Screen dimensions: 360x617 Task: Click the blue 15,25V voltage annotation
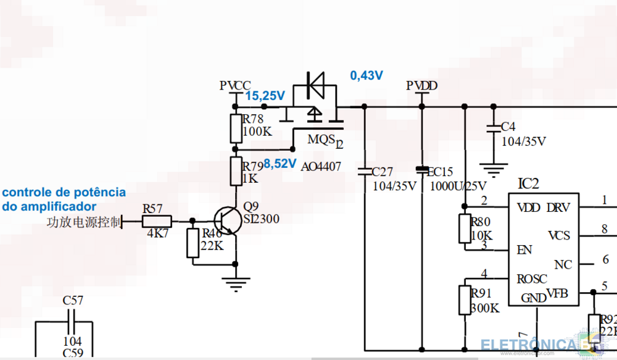tap(265, 96)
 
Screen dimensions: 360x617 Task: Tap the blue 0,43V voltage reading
tap(366, 75)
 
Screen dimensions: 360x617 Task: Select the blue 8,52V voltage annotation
tap(281, 164)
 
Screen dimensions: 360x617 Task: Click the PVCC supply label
tap(235, 85)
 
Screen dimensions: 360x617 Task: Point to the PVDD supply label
tap(422, 85)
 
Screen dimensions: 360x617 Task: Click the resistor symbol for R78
tap(236, 128)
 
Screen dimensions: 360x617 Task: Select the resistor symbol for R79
tap(236, 171)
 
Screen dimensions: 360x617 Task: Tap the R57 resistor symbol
tap(157, 221)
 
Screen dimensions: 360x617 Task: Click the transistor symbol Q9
tap(226, 221)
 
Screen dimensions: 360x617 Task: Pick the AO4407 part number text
tap(321, 167)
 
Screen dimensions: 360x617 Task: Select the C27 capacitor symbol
tap(363, 170)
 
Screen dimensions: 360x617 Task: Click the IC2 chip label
tap(528, 183)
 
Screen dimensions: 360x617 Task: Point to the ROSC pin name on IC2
tap(532, 279)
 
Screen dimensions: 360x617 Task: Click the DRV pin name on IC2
tap(558, 207)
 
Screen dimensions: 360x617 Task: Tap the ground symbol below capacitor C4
tap(493, 168)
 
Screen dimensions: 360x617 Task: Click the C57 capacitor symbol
tap(73, 321)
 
